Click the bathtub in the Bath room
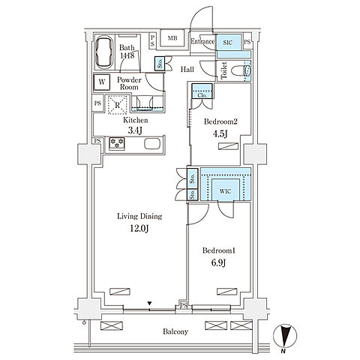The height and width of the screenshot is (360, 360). coord(104,52)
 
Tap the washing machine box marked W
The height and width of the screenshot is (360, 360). coord(102,82)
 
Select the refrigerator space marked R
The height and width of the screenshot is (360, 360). coord(117,104)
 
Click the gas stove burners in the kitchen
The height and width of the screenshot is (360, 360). coord(117,143)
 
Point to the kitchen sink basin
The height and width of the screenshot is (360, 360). coord(152,143)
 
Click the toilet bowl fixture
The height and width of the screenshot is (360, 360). coord(241,70)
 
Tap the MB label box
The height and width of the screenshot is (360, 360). coord(172,38)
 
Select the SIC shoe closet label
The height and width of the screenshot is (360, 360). coord(227,43)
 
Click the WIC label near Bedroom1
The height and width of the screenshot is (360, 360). coord(225,191)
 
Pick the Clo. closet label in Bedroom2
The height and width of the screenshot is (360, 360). coord(202,95)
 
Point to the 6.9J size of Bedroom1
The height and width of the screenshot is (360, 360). coord(218,262)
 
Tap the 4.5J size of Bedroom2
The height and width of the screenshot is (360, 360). coord(220,134)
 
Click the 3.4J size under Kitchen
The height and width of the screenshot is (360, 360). coord(135,130)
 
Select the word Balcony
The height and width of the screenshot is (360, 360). coord(175,331)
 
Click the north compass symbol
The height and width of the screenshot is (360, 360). coord(285,335)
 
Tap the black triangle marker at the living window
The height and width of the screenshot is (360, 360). coord(149,304)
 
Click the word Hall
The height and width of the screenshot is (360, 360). coord(187,69)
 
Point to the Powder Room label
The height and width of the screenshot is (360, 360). coord(129,83)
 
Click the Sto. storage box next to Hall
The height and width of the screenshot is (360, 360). coord(160,64)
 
